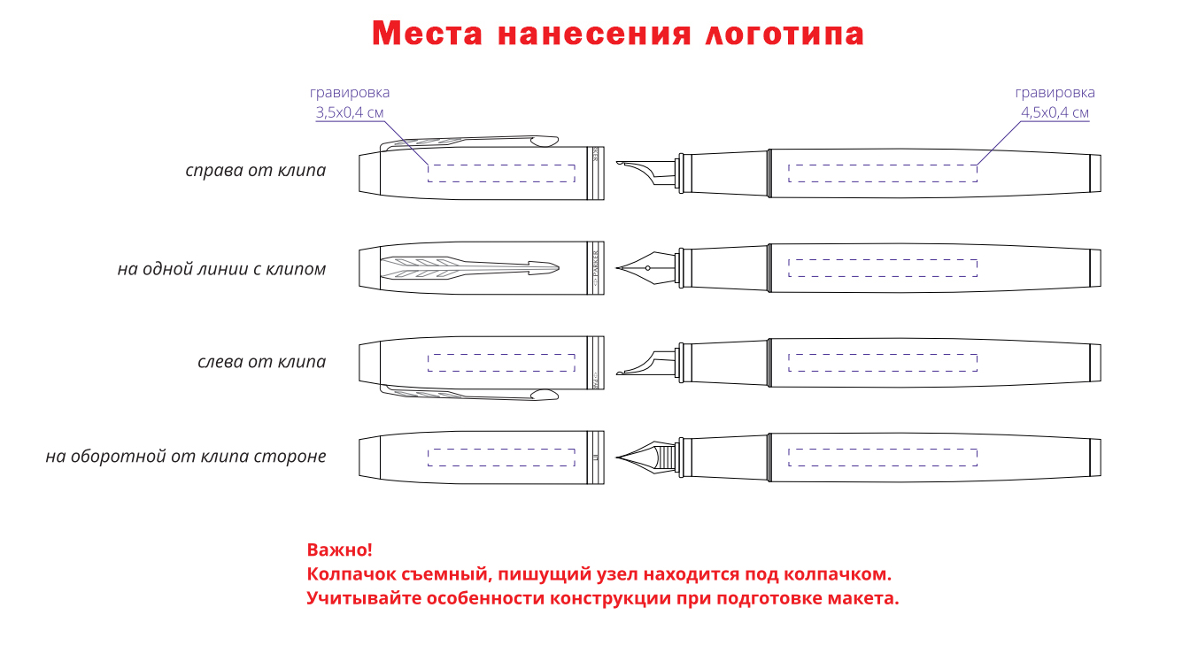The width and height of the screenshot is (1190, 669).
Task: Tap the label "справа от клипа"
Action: [255, 170]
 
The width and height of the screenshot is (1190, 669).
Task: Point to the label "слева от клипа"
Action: [261, 362]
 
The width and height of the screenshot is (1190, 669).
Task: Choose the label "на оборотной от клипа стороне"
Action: [186, 457]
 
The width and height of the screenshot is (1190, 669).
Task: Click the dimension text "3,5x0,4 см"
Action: [350, 112]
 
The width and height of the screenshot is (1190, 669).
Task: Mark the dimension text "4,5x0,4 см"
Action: [1055, 112]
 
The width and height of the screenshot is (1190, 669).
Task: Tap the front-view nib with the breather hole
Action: [646, 267]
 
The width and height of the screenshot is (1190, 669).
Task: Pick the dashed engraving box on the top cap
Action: [501, 173]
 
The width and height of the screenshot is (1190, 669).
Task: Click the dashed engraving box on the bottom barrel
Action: [883, 457]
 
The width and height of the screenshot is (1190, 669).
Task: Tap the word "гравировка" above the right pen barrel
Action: [1055, 92]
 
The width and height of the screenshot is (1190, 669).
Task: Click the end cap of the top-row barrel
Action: [1094, 172]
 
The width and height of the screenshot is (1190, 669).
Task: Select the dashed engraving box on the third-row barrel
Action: [883, 361]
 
